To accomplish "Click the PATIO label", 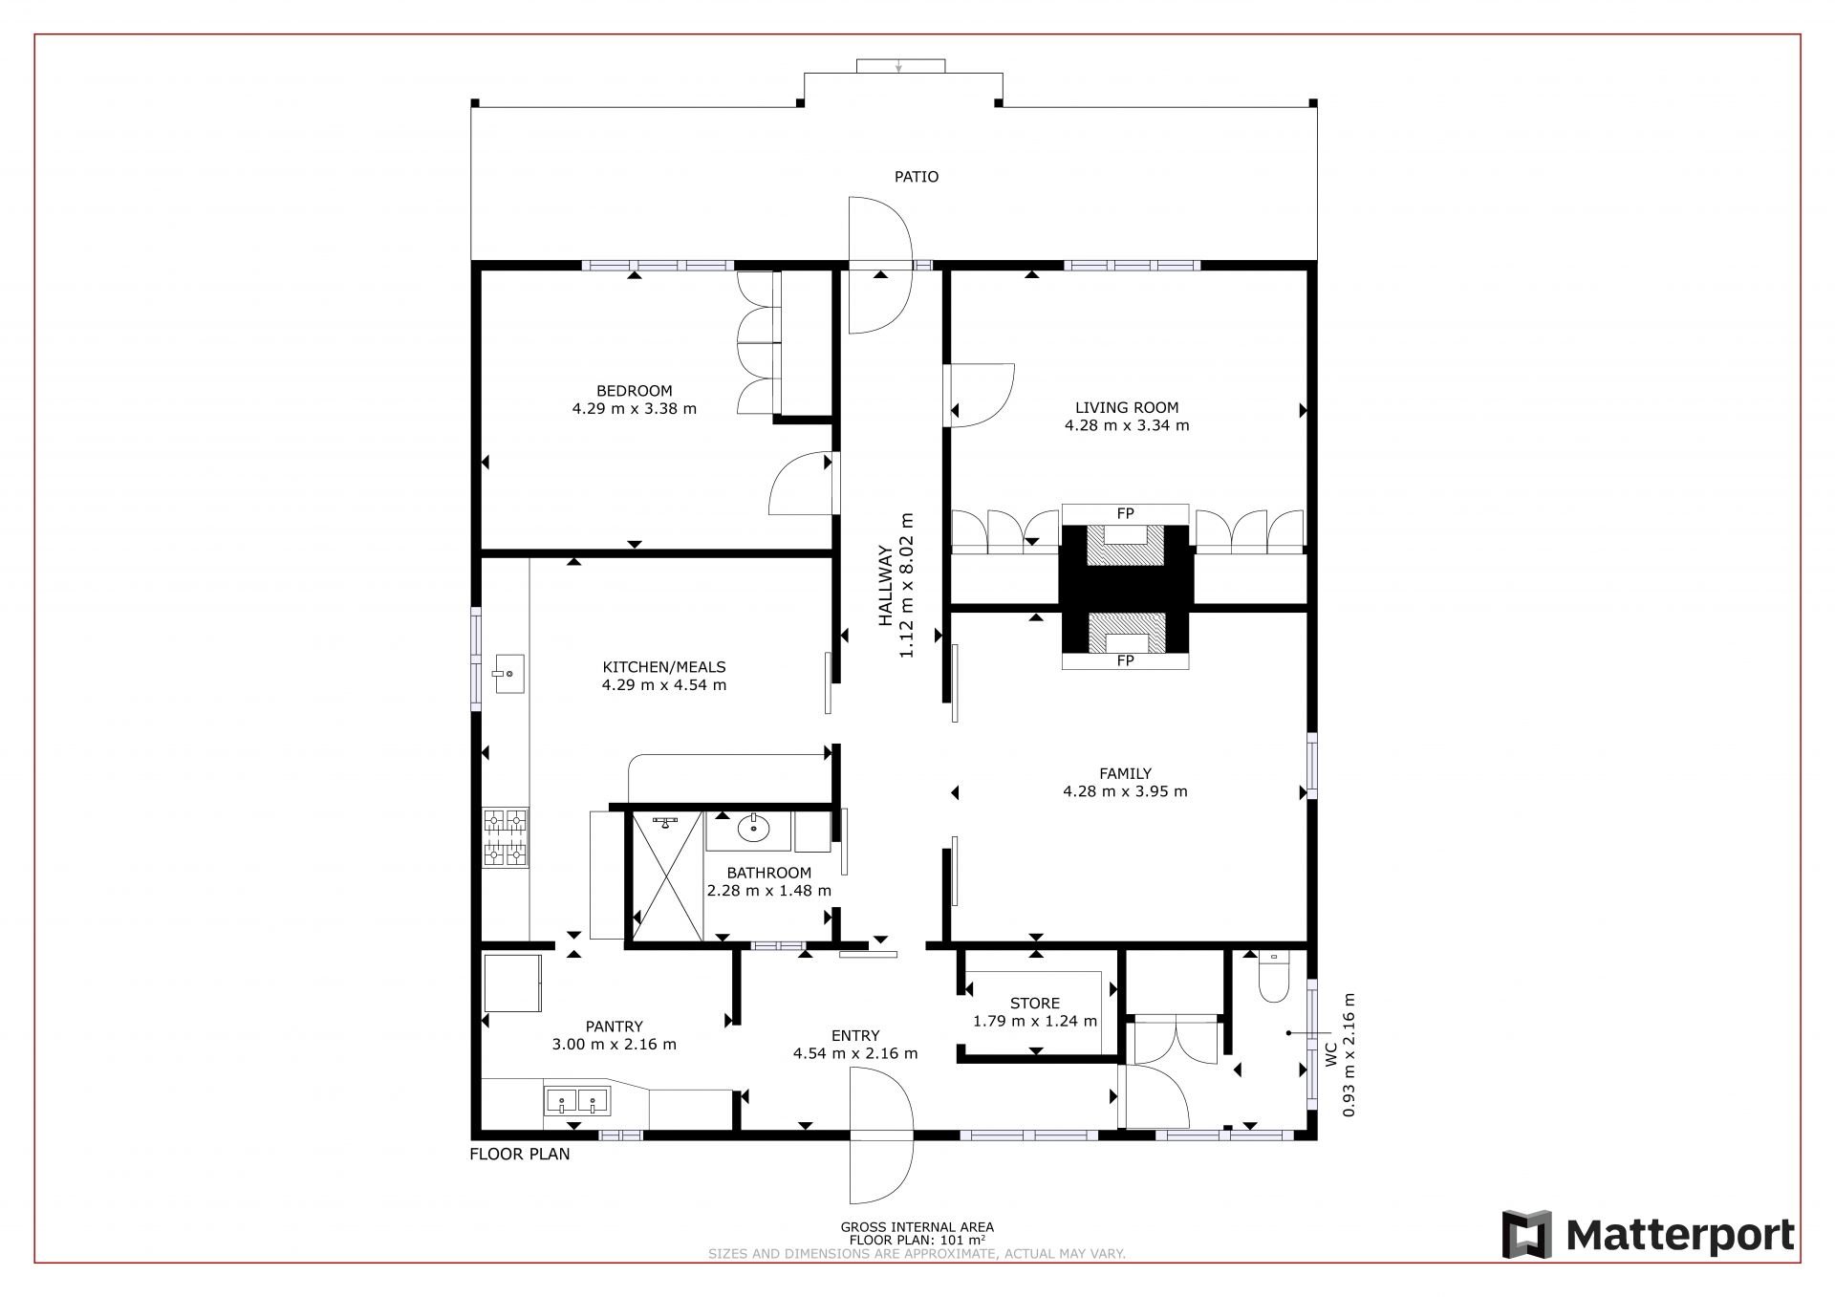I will [916, 177].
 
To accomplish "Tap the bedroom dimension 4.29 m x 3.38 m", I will [634, 409].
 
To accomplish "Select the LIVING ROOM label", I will [1126, 407].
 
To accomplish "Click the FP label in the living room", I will [1125, 514].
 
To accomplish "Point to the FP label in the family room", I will [1125, 660].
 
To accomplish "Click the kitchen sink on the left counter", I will [507, 673].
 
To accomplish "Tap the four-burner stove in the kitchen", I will [505, 837].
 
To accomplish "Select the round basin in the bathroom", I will [753, 827].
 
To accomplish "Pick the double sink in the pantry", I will [577, 1101].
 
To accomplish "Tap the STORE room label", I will [1035, 1004].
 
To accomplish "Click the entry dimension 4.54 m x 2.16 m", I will [854, 1053].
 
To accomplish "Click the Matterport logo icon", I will [1525, 1235].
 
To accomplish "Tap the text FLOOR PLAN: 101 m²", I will [917, 1240].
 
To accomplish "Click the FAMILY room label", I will [1125, 773].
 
